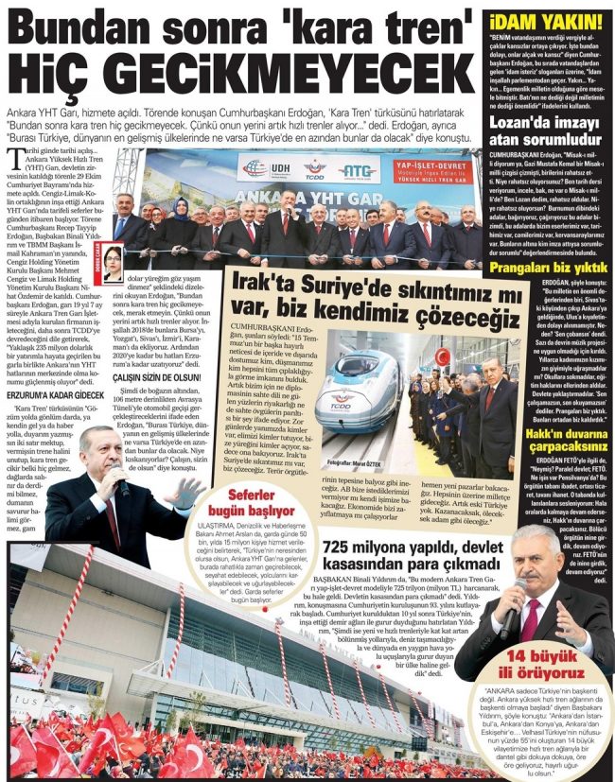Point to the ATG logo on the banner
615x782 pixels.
[360, 169]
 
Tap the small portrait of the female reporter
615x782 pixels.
[113, 264]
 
